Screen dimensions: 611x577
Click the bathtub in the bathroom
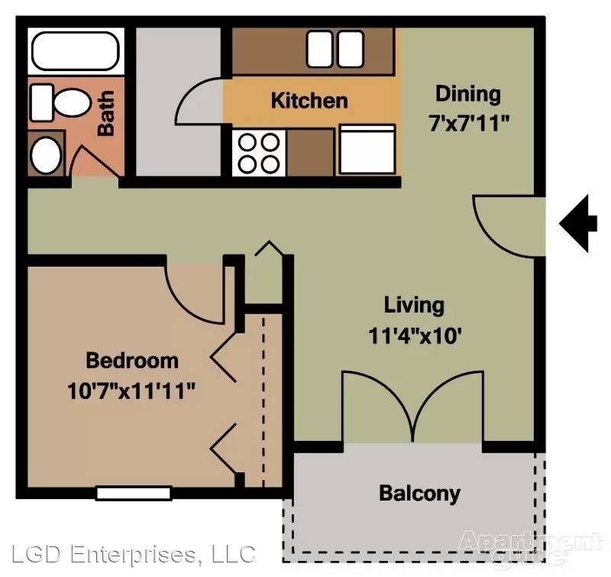[76, 51]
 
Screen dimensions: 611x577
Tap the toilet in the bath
[60, 103]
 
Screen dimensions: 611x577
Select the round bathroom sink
[46, 155]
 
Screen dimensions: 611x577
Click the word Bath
[106, 113]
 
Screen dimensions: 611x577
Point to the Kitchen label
[309, 100]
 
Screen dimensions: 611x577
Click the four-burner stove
[259, 153]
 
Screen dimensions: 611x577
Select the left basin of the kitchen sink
[320, 49]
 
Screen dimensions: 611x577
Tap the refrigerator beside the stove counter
[367, 149]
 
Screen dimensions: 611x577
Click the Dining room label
[468, 95]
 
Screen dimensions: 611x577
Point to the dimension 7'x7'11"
[469, 124]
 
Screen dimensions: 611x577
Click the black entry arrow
[578, 224]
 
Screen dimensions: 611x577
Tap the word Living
[414, 305]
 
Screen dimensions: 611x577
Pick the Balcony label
[419, 494]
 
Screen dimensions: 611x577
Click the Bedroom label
[132, 361]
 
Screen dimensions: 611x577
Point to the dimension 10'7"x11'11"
[131, 391]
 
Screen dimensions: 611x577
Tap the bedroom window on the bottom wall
[134, 493]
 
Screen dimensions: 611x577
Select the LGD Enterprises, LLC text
[134, 554]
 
